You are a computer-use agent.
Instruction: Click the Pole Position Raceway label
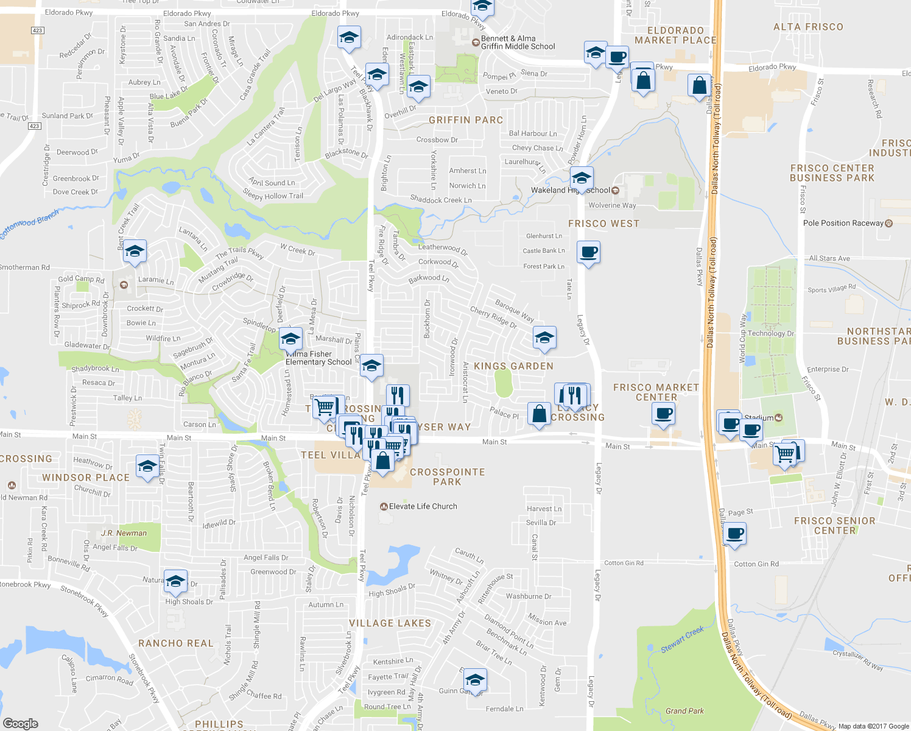point(843,223)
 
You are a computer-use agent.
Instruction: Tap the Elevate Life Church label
point(423,506)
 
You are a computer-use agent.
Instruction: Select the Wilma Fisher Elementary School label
point(318,358)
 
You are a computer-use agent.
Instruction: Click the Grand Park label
point(684,711)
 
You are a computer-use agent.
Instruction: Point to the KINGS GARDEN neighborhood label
point(513,366)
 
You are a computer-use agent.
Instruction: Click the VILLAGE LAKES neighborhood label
point(390,623)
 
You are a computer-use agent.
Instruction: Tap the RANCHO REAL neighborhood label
point(176,643)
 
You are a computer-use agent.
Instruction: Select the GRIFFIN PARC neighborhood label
point(466,120)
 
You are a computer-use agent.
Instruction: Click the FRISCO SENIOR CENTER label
point(834,526)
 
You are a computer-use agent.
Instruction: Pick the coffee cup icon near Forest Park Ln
point(588,252)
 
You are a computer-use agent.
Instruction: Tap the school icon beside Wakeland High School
point(582,179)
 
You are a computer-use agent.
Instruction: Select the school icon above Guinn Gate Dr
point(474,679)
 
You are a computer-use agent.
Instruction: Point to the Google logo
point(20,723)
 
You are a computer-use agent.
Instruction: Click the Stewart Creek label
point(682,640)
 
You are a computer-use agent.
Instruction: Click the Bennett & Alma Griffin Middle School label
point(518,42)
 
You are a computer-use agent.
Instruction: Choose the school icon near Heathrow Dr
point(147,467)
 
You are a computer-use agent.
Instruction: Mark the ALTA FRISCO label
point(808,27)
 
